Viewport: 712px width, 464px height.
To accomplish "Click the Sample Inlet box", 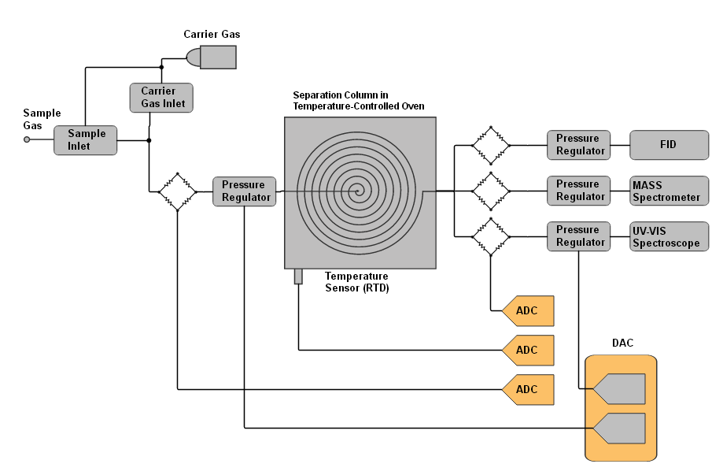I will [85, 140].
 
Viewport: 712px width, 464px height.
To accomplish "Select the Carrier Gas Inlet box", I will [161, 98].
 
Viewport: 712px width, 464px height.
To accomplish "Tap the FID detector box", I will [669, 145].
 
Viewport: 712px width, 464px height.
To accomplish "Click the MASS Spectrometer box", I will [669, 191].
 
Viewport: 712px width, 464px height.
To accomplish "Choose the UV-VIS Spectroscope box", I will [669, 236].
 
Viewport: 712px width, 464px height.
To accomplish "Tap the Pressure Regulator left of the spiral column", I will [245, 191].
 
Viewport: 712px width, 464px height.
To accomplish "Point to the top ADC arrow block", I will [529, 311].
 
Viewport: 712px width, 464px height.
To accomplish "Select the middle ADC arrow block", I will [529, 351].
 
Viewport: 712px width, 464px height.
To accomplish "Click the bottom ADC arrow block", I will [529, 390].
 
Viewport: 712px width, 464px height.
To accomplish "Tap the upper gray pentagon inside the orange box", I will [621, 389].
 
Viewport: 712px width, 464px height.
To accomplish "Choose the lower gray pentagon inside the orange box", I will [621, 428].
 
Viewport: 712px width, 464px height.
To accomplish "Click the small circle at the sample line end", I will [27, 139].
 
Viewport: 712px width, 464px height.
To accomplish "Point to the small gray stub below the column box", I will [298, 277].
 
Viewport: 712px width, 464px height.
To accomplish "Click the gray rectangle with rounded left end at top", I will [212, 57].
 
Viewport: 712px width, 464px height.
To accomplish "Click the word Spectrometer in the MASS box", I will [666, 198].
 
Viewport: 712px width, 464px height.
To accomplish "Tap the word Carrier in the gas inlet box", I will [158, 91].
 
